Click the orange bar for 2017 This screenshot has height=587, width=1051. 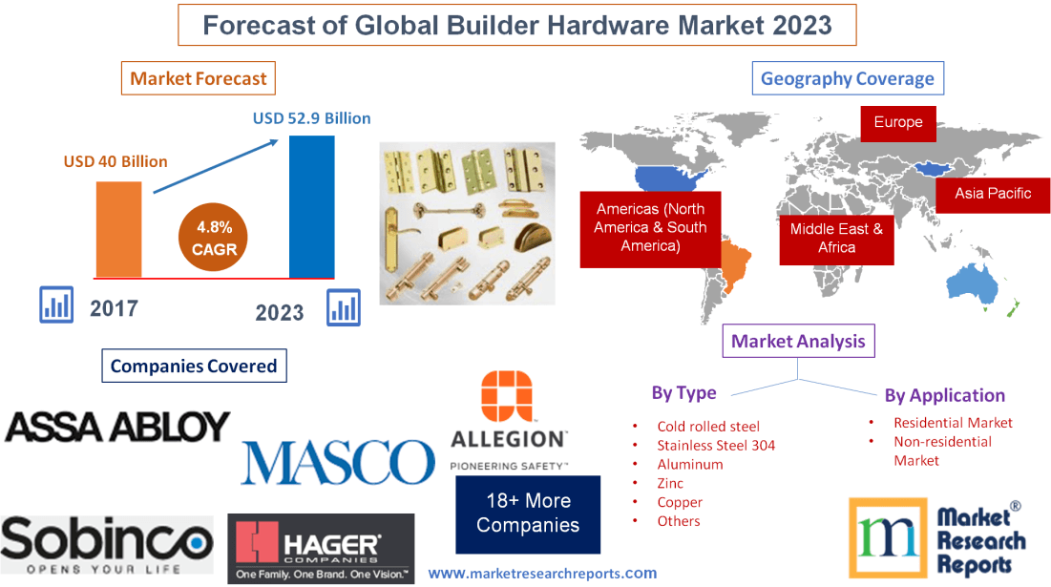coord(118,229)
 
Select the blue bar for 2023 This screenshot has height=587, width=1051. coord(312,205)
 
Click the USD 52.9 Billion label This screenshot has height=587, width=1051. coord(311,118)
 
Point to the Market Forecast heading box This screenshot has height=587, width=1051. coord(199,78)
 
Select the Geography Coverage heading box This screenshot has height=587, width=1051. coord(848,78)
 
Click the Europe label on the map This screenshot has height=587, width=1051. coord(897,122)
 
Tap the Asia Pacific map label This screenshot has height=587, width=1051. coord(993,193)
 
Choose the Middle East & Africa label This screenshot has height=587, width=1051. coord(836,238)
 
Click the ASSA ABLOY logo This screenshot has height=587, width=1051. coord(117,426)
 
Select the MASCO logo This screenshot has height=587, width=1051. coord(338,462)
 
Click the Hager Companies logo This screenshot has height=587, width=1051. coord(321,549)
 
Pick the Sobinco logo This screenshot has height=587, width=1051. coord(107,544)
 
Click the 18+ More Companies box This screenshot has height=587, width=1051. coord(528,514)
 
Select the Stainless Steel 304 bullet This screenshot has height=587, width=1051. coord(716,445)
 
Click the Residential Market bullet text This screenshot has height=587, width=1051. coord(953,422)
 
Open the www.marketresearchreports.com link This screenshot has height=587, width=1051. coord(542,574)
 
